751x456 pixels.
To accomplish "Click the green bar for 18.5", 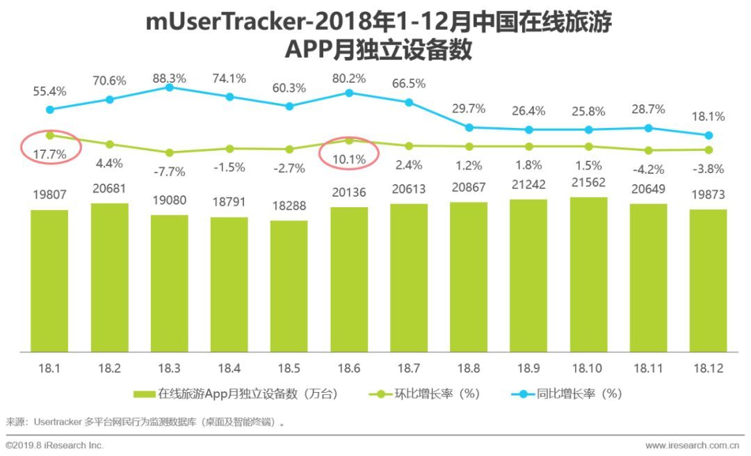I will (x=289, y=286).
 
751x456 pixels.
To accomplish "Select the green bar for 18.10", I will (x=588, y=275).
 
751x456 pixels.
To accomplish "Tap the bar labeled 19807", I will (x=49, y=280).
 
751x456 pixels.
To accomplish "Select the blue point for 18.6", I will (x=349, y=92).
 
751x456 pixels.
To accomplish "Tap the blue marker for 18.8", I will (x=469, y=127).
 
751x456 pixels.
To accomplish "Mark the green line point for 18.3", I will (x=169, y=152).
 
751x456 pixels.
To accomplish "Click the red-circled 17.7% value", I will (x=49, y=154).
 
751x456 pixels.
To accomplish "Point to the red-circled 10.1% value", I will (x=349, y=160).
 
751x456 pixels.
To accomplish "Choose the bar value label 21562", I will (x=588, y=184).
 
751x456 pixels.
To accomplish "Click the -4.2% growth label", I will (x=648, y=168).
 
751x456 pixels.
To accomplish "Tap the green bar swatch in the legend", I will (x=144, y=394).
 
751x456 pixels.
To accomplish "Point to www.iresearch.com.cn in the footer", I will (x=693, y=445).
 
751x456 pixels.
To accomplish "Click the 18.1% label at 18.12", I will (x=708, y=117).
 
